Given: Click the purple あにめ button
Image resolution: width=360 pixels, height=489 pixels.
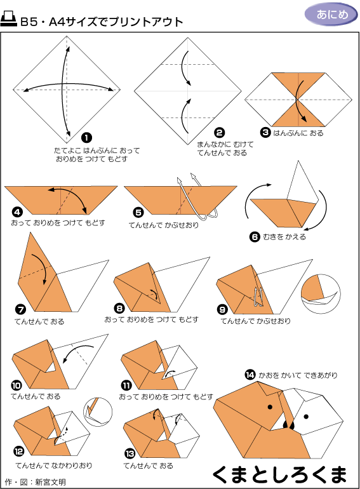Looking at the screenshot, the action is (331, 15).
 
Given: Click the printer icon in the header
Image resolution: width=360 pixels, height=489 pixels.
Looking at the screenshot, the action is (8, 19).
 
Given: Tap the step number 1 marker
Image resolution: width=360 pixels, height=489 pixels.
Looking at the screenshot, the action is (86, 137).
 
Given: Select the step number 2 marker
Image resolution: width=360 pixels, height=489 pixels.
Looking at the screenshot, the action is (220, 133).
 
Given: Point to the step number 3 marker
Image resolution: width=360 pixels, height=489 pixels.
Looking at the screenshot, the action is (265, 132).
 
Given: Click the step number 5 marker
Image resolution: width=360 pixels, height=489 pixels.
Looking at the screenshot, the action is (138, 212).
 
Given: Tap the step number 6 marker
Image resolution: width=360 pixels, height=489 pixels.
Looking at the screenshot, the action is (255, 237).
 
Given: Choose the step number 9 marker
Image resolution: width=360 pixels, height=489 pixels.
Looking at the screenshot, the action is (222, 309).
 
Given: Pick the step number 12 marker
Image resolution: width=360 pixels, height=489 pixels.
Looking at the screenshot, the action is (18, 452).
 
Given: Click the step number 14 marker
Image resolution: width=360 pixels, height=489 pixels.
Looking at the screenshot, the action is (250, 375).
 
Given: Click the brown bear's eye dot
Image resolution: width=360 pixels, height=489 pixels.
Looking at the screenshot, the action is (270, 406).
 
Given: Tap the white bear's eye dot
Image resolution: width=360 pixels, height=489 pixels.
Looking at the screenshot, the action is (306, 417).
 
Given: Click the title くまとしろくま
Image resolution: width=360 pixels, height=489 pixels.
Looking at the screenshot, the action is (279, 474).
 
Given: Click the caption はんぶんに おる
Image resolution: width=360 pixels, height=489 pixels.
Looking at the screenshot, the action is (298, 133).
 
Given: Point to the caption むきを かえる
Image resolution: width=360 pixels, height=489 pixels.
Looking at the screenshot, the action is (284, 237).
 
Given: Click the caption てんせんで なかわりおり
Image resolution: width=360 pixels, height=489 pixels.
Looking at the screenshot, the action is (54, 466).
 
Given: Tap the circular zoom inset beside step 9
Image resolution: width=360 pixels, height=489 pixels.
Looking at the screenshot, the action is (321, 294).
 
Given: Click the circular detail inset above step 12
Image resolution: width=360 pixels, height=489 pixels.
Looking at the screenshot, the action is (98, 412).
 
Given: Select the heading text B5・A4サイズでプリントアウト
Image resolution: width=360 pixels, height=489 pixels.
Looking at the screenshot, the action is (102, 22).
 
